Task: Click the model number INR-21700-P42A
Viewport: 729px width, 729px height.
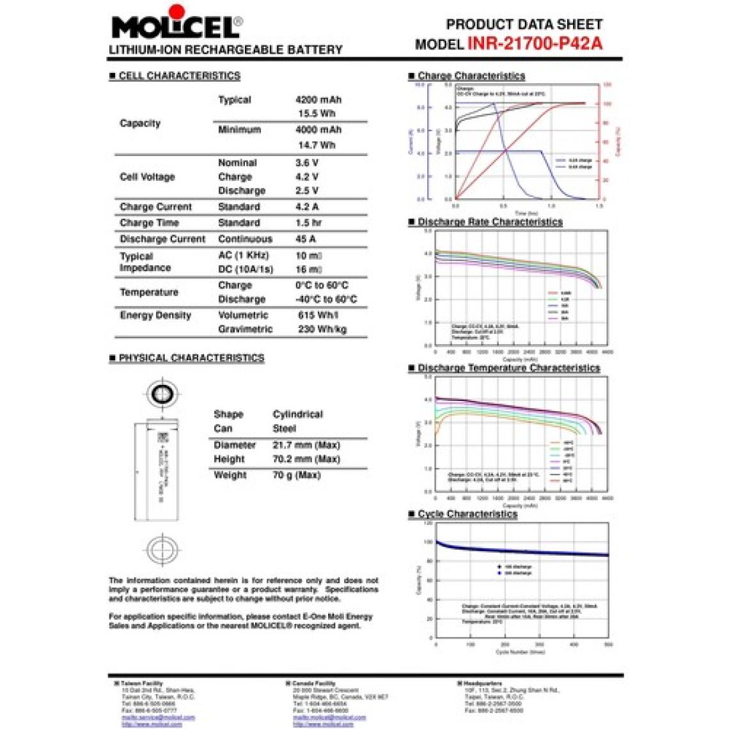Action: tap(535, 43)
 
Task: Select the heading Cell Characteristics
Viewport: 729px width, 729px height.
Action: tap(179, 75)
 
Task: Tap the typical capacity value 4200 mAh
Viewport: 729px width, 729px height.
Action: tap(318, 100)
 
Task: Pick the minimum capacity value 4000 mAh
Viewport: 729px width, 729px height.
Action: tap(318, 130)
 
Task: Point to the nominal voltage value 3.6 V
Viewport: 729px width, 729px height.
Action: tap(307, 163)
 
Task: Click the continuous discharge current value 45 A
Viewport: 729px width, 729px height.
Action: tap(305, 239)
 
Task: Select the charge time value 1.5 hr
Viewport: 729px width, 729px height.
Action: tap(308, 223)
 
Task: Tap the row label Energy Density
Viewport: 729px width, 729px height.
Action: tap(155, 315)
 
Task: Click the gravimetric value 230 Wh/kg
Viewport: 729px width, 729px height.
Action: tap(322, 329)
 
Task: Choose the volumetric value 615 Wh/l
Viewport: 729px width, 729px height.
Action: tap(318, 315)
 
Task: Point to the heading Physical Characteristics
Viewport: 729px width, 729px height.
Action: tap(191, 358)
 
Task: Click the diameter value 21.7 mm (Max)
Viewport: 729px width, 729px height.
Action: tap(306, 445)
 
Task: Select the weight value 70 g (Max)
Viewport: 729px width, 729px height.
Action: tap(297, 475)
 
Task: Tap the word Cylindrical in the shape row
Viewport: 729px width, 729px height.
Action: tap(297, 414)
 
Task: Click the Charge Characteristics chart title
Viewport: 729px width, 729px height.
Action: tap(471, 75)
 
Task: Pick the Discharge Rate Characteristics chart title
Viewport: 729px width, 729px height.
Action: tap(490, 222)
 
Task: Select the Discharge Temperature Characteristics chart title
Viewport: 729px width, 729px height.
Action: tap(508, 368)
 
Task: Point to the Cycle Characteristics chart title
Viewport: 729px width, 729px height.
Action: tap(467, 514)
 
